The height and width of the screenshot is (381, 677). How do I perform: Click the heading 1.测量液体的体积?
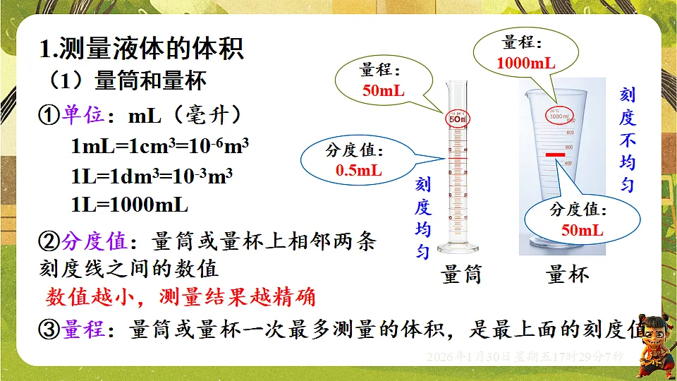142,50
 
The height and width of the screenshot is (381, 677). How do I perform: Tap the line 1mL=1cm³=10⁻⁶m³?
160,147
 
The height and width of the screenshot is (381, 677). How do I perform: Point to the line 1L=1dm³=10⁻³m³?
152,176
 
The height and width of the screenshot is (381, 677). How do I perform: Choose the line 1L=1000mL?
130,205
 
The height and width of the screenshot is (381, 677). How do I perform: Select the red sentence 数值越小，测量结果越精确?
181,297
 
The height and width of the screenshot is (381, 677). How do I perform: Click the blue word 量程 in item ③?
84,329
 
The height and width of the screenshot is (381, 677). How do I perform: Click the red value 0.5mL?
359,170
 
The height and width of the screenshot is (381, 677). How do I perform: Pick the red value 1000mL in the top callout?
525,63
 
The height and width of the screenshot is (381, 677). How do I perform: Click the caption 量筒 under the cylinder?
462,274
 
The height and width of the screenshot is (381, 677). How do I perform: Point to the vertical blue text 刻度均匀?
422,219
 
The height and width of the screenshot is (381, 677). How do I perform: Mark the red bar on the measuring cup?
554,154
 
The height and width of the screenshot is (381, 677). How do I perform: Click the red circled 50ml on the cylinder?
457,119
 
